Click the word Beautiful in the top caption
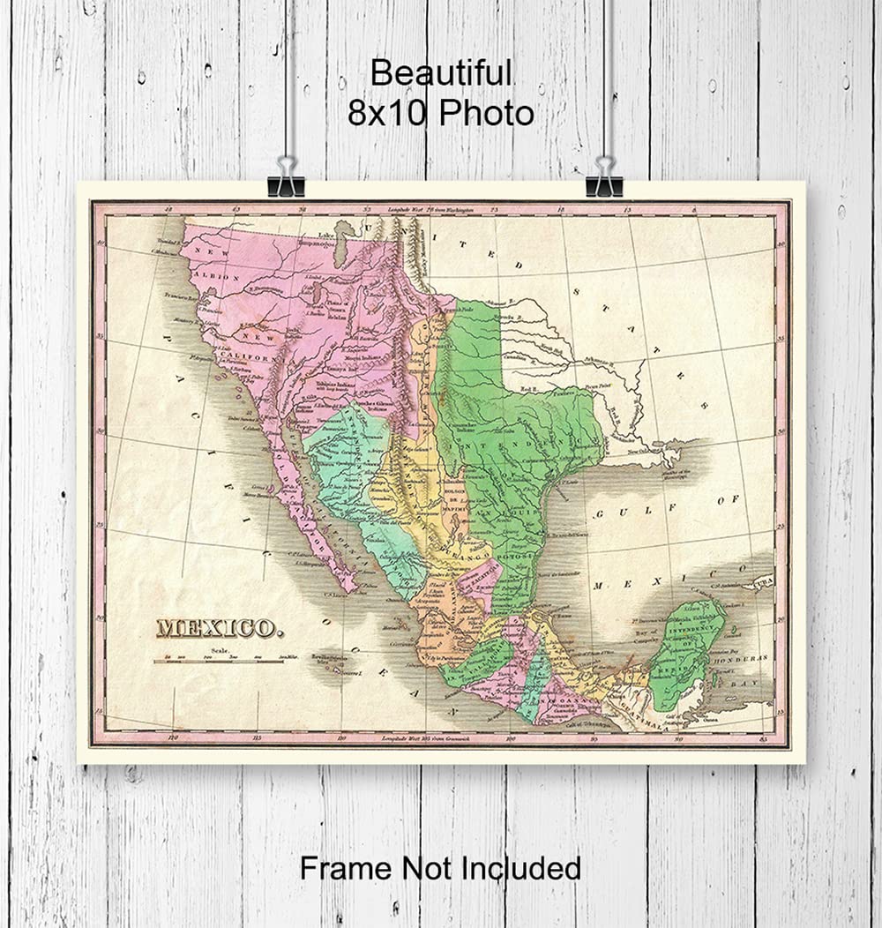(440, 73)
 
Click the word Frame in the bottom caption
(346, 868)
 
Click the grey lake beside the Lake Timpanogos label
(340, 244)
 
